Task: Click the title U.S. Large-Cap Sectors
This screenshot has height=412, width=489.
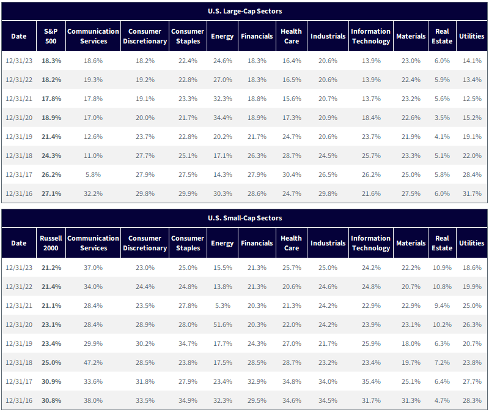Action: click(x=245, y=11)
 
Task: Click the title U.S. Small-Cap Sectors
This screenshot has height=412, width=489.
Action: click(x=245, y=218)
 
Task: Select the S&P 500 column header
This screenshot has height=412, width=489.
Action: click(x=51, y=36)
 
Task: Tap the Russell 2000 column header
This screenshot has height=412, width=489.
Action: click(x=51, y=243)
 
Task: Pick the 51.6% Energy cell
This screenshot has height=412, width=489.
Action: click(x=222, y=324)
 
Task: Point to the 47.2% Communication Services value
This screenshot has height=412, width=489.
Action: click(x=94, y=362)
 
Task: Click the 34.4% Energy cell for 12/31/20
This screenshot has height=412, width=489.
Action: click(x=222, y=118)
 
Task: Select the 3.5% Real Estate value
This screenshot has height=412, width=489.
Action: click(x=442, y=118)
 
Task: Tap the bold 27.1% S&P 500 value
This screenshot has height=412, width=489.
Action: click(x=51, y=193)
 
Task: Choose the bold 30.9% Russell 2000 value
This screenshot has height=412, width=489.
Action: click(x=51, y=381)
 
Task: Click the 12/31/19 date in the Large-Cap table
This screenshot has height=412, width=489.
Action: click(x=19, y=137)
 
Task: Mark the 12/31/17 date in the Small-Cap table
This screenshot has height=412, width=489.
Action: click(x=19, y=381)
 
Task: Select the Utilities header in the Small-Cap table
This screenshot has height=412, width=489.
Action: click(x=471, y=243)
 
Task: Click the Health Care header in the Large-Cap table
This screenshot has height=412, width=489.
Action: click(x=292, y=36)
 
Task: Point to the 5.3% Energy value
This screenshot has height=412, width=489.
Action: click(x=222, y=305)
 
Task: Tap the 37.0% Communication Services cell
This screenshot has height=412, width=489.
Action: click(x=94, y=268)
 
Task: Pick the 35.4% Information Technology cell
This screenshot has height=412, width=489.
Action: click(x=371, y=381)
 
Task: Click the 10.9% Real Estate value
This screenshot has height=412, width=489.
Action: click(x=442, y=268)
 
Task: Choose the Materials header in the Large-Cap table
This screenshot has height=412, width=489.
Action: click(x=411, y=36)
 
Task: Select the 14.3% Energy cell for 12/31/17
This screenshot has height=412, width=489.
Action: click(x=222, y=174)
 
